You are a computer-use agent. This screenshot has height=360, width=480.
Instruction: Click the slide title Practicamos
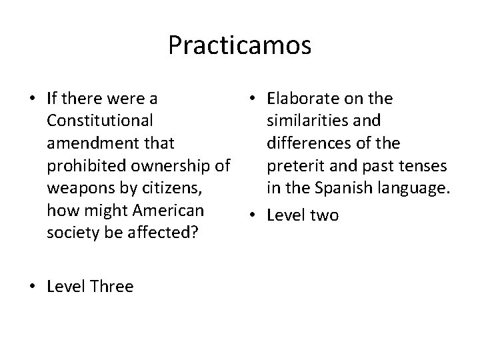point(239,45)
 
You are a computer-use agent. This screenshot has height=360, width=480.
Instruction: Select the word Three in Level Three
point(109,287)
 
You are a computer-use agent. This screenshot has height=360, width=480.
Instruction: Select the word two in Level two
point(323,215)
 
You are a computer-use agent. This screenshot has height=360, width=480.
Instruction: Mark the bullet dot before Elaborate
point(253,99)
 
